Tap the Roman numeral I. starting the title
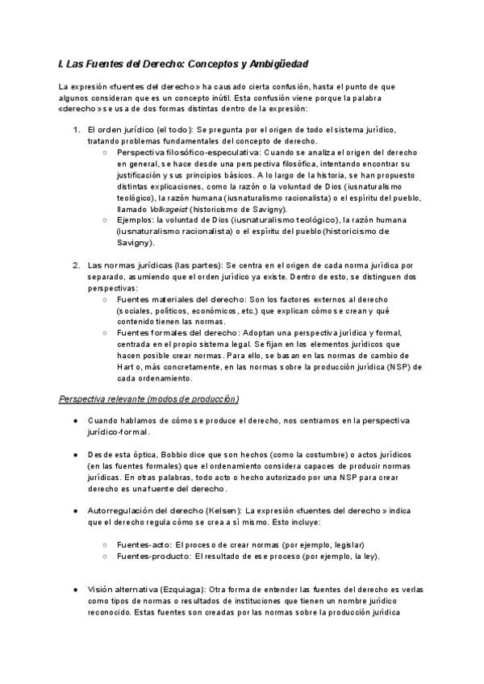(x=61, y=63)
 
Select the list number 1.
(x=76, y=129)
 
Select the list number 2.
(x=76, y=265)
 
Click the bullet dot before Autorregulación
(x=75, y=511)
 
